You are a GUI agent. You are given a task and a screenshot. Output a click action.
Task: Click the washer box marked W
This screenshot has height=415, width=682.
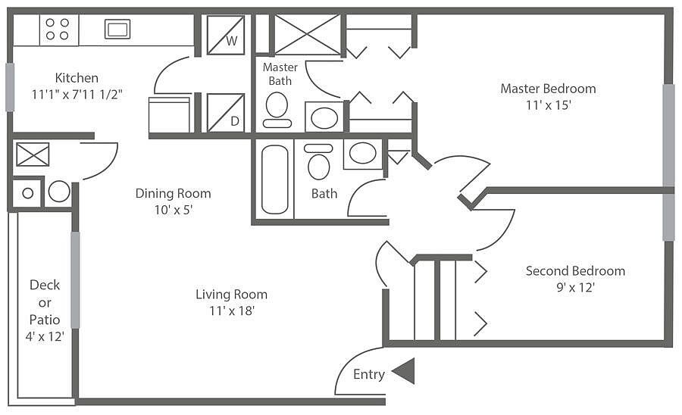pyautogui.click(x=226, y=35)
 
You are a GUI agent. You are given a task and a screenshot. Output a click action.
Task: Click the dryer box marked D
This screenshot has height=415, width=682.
pyautogui.click(x=226, y=113)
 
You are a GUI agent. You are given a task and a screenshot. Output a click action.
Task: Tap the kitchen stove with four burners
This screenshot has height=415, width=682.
pyautogui.click(x=58, y=30)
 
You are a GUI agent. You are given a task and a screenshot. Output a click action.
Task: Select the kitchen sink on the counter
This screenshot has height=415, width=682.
pyautogui.click(x=117, y=30)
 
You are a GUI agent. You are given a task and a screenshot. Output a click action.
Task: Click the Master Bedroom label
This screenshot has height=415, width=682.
pyautogui.click(x=548, y=89)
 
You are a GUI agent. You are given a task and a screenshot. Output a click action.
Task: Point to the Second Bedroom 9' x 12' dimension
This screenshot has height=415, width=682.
pyautogui.click(x=575, y=288)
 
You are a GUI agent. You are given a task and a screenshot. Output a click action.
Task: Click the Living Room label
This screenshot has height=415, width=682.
pyautogui.click(x=231, y=295)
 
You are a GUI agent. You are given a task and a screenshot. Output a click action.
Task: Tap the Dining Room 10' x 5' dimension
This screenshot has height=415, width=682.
pyautogui.click(x=174, y=210)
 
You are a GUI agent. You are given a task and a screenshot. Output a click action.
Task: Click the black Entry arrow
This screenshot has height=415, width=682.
pyautogui.click(x=403, y=371)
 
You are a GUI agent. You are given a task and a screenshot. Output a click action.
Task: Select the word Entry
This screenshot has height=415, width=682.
pyautogui.click(x=369, y=374)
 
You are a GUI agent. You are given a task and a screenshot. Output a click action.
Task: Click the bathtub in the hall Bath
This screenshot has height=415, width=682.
pyautogui.click(x=274, y=179)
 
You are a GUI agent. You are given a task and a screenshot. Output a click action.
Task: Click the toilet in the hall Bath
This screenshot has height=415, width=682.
pyautogui.click(x=318, y=163)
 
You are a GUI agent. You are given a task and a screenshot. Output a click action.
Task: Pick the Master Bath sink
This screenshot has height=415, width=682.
pyautogui.click(x=324, y=118)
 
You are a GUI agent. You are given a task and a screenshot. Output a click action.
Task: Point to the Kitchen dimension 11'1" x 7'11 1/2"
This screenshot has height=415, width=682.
pyautogui.click(x=77, y=95)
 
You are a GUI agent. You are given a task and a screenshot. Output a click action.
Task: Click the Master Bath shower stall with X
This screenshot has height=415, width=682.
pyautogui.click(x=307, y=35)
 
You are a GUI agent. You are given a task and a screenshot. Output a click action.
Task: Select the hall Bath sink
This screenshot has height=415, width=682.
pyautogui.click(x=362, y=153)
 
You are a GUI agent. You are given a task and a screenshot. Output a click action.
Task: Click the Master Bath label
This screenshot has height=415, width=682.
pyautogui.click(x=280, y=73)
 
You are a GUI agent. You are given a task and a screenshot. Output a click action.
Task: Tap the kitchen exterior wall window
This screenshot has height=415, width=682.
pyautogui.click(x=10, y=86)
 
